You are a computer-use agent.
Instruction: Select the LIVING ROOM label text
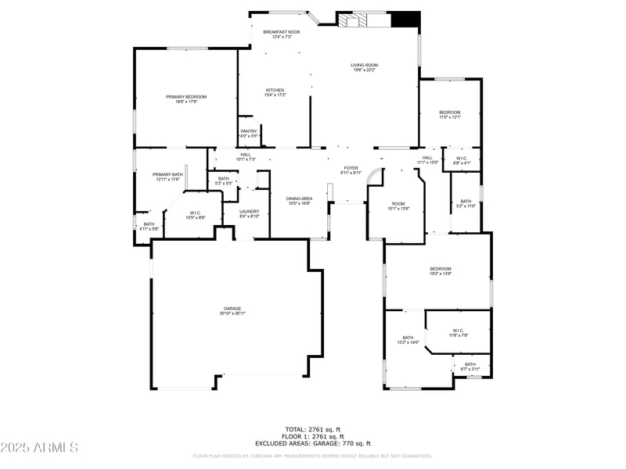pyautogui.click(x=364, y=65)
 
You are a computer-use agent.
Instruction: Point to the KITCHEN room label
pyautogui.click(x=275, y=90)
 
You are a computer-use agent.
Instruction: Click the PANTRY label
pyautogui.click(x=249, y=131)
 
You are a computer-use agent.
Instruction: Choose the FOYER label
pyautogui.click(x=351, y=167)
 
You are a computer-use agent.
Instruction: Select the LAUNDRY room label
pyautogui.click(x=249, y=211)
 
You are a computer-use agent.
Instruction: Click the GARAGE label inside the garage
pyautogui.click(x=232, y=308)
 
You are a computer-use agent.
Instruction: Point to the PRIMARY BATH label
pyautogui.click(x=167, y=174)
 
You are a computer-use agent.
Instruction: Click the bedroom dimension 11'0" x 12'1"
pyautogui.click(x=449, y=117)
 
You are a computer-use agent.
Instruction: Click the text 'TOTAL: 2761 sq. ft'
pyautogui.click(x=313, y=429)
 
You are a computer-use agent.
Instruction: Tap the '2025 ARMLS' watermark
pyautogui.click(x=39, y=448)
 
